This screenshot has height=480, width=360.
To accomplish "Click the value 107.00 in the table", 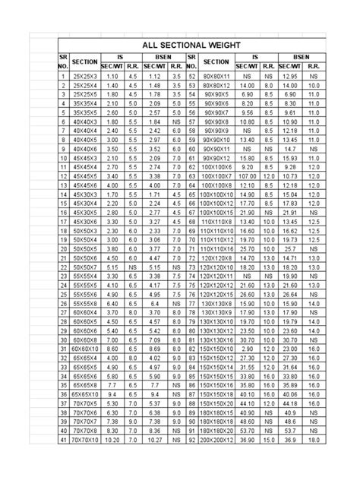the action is [245, 175].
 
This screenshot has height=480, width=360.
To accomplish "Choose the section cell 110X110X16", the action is [217, 248].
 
